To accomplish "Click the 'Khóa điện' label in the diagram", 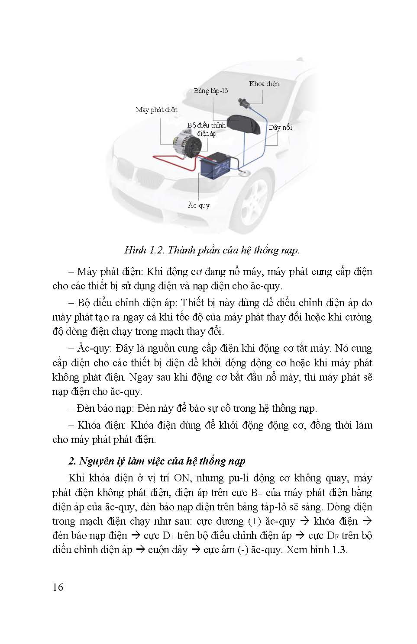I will click(264, 84).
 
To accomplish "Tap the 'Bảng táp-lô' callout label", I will click(210, 91).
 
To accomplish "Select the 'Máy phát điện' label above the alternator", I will click(156, 110).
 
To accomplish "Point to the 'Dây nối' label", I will click(280, 128).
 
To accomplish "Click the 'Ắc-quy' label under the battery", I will click(199, 205).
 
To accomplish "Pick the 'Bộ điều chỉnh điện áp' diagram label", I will click(207, 129).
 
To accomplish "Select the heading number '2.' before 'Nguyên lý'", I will click(73, 461).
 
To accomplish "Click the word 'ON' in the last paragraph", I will click(184, 478).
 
